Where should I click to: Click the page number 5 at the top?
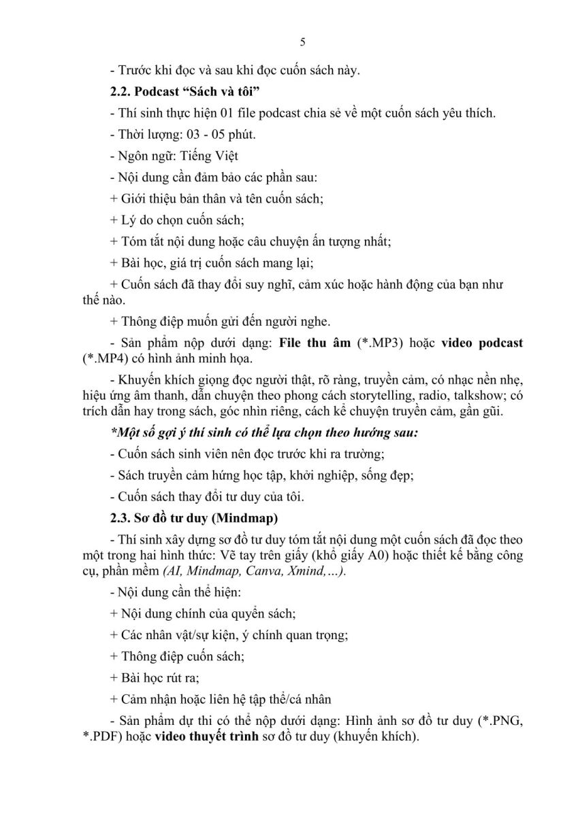302,42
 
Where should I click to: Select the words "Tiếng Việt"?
210,156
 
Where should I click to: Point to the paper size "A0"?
396,556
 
